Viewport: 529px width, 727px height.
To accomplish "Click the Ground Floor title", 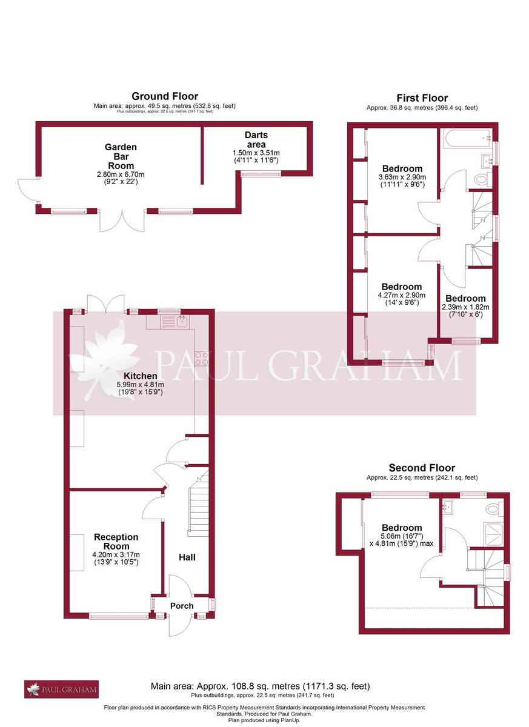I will click(x=165, y=96).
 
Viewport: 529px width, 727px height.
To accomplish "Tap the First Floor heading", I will click(x=422, y=98).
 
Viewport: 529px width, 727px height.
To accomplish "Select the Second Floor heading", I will click(x=422, y=468).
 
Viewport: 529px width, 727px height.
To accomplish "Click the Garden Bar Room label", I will click(x=121, y=156).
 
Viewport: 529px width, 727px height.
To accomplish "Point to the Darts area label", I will click(x=256, y=139).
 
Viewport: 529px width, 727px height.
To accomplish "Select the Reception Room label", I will click(x=116, y=542).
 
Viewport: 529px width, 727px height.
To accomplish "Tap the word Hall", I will click(x=187, y=557).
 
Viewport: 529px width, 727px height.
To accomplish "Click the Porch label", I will click(x=182, y=606).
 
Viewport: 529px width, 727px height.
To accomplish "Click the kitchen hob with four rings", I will click(x=202, y=359).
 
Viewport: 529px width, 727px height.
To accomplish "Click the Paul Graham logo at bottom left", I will click(x=61, y=689).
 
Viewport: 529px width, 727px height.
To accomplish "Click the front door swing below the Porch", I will click(x=180, y=625).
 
